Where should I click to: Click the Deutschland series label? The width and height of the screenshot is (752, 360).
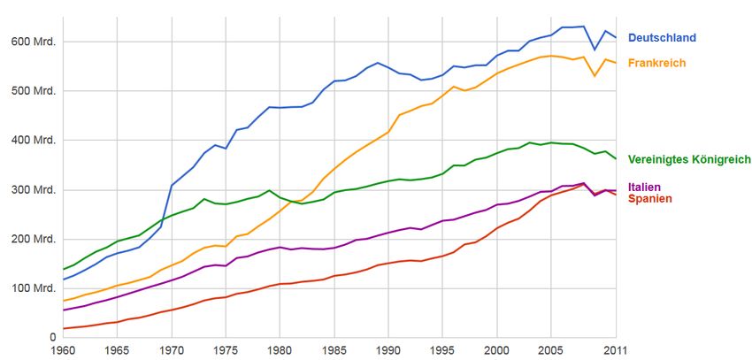point(662,38)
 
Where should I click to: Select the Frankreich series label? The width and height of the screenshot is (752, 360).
point(656,63)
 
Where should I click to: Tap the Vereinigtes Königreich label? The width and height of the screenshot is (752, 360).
point(689,159)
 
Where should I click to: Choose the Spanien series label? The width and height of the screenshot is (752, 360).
point(649,199)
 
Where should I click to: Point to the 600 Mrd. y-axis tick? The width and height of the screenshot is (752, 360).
point(34,42)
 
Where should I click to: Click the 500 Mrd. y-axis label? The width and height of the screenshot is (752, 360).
point(34,91)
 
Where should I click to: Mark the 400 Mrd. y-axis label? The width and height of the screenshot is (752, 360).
point(34,141)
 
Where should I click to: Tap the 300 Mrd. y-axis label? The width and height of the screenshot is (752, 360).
point(34,190)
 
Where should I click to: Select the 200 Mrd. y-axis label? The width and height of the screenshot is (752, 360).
point(34,239)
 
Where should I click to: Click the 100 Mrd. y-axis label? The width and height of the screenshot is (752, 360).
point(34,288)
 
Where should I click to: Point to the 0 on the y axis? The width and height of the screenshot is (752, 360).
point(53,337)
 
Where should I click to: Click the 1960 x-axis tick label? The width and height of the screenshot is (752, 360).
point(64,350)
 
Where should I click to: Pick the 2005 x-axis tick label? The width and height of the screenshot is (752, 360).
point(551,350)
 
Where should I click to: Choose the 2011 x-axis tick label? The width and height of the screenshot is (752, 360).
point(616,350)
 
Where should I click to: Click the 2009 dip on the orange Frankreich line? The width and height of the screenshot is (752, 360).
point(595,76)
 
